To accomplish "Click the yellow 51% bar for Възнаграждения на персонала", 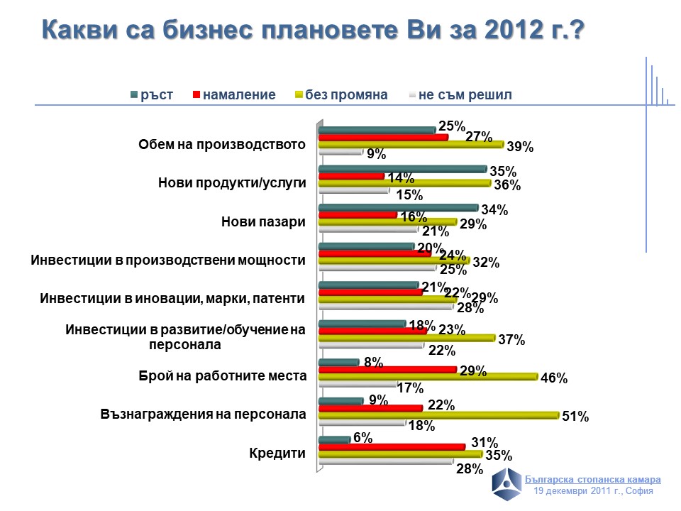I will (438, 414).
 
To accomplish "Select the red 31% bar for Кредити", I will (392, 446).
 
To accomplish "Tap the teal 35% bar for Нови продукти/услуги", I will (402, 169).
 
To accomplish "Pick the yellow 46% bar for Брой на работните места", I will (428, 376).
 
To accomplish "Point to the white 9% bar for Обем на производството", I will (340, 152).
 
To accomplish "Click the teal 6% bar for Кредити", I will (334, 439).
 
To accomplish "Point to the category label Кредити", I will (277, 453).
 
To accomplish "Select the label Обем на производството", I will (221, 145).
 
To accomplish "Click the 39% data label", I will (520, 147).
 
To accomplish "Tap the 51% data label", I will (575, 417).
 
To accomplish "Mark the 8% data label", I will (373, 363).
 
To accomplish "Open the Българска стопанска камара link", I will (597, 479).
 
